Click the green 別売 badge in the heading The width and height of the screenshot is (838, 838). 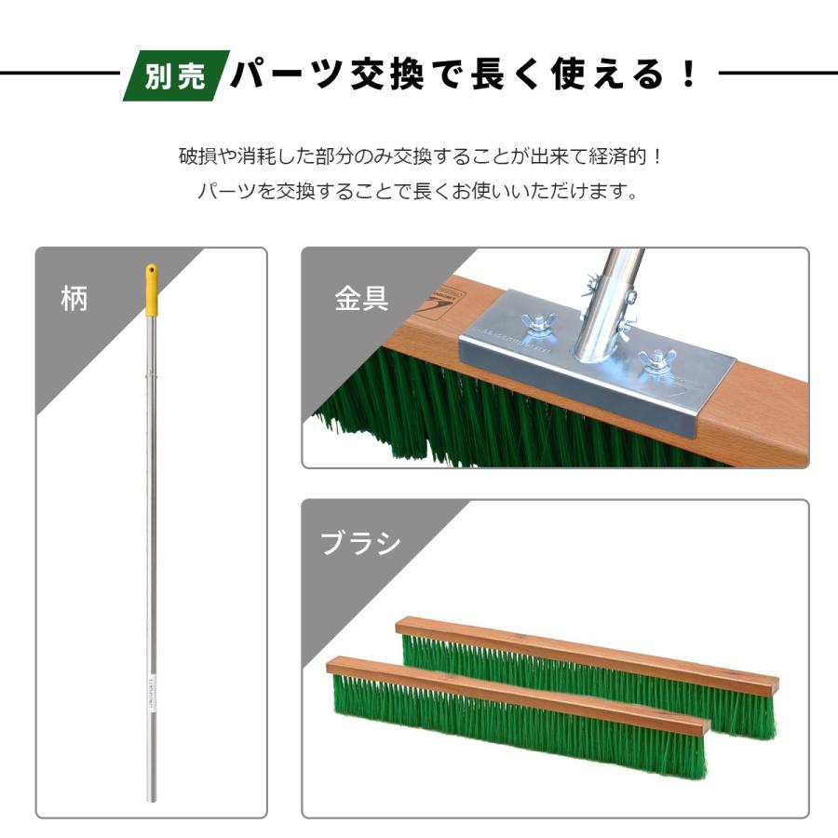coord(175,75)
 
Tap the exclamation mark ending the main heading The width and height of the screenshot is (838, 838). coord(689,74)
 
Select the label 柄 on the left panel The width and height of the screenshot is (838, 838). coord(74,299)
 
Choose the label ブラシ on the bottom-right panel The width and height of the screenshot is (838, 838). coord(360,543)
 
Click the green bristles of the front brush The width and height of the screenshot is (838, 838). coord(512,731)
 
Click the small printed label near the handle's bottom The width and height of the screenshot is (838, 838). coord(151,694)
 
